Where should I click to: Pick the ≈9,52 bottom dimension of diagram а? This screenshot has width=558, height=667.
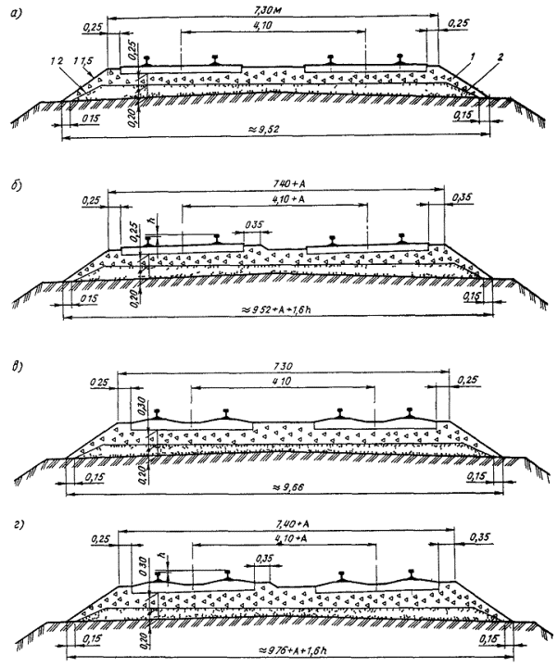point(278,132)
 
